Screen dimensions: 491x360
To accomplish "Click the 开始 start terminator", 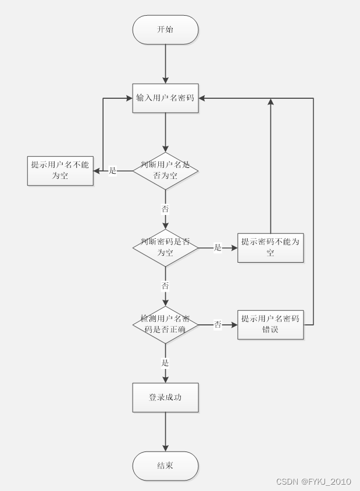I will click(165, 30).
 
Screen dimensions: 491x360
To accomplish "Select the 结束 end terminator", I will click(165, 466).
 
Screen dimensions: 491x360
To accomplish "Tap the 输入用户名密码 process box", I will click(165, 98).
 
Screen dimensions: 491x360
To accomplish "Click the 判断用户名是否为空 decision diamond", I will click(165, 170).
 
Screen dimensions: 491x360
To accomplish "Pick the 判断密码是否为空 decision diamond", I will click(165, 248).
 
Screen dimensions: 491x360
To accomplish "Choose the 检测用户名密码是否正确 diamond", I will click(165, 325).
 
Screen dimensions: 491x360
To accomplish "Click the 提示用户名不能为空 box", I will click(60, 170).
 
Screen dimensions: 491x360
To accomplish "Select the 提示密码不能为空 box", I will click(270, 248).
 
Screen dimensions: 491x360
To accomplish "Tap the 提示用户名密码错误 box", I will click(270, 325).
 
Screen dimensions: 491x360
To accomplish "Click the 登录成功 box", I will click(165, 397).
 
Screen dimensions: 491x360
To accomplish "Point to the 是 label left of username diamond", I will click(113, 171).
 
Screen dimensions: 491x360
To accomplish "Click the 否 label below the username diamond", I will click(165, 209).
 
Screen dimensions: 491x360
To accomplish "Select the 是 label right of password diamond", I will click(218, 248).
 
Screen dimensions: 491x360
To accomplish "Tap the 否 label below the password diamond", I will click(165, 286).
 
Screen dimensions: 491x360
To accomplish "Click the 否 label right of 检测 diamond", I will click(218, 325).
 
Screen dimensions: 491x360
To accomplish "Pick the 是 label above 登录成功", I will click(165, 363).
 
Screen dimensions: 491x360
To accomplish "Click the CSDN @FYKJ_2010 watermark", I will click(313, 482).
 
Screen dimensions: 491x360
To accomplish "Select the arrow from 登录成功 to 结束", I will click(165, 432).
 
